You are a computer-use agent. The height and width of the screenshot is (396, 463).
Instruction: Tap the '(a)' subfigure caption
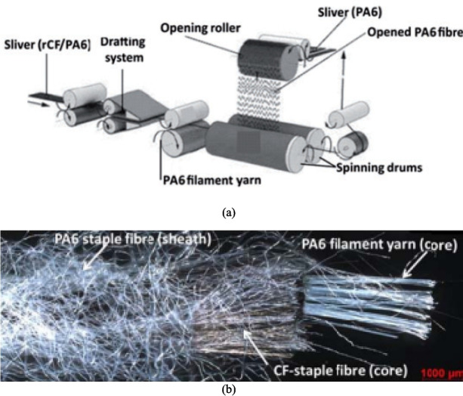point(231,212)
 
